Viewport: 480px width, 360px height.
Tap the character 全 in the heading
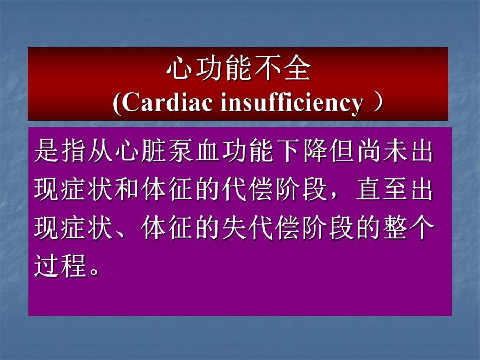[x=298, y=70]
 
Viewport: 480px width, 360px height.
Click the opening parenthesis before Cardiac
[x=117, y=103]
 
